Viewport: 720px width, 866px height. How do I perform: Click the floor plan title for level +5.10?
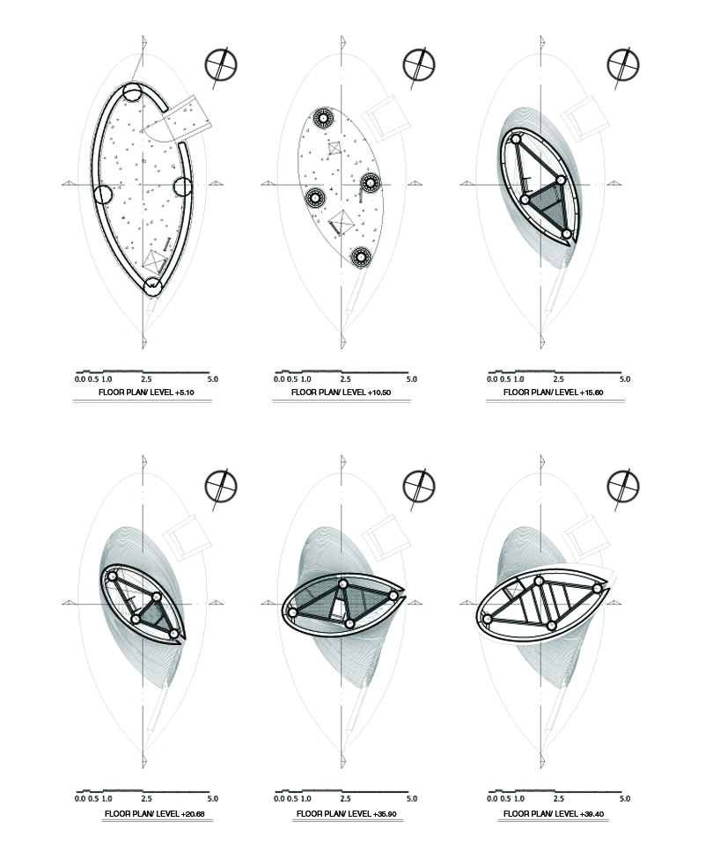click(x=146, y=393)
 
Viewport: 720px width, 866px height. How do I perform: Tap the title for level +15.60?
click(x=553, y=393)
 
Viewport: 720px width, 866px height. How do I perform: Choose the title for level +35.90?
click(x=347, y=813)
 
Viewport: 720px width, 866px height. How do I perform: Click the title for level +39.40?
click(x=553, y=813)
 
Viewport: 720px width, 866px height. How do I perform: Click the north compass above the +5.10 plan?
click(x=221, y=64)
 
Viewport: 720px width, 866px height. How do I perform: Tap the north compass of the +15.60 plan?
click(x=623, y=64)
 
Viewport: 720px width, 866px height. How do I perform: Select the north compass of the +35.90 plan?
click(x=419, y=487)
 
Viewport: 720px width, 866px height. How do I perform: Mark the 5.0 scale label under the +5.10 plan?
click(x=213, y=379)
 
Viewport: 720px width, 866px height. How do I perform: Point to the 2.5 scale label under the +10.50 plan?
click(x=345, y=379)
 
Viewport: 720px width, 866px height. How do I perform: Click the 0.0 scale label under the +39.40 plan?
click(x=492, y=798)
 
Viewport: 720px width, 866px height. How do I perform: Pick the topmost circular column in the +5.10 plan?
click(x=132, y=92)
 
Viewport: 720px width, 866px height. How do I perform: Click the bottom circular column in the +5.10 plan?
click(x=152, y=287)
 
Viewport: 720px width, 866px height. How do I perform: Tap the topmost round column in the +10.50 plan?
click(x=322, y=118)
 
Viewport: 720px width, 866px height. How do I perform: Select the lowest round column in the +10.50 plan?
click(x=361, y=256)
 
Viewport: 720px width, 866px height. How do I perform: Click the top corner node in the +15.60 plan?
click(x=516, y=139)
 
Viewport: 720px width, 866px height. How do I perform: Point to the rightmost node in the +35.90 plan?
click(x=393, y=596)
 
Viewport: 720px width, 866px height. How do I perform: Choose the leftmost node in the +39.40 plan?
click(x=488, y=619)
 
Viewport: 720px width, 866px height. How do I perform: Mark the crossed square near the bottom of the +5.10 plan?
click(x=155, y=261)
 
